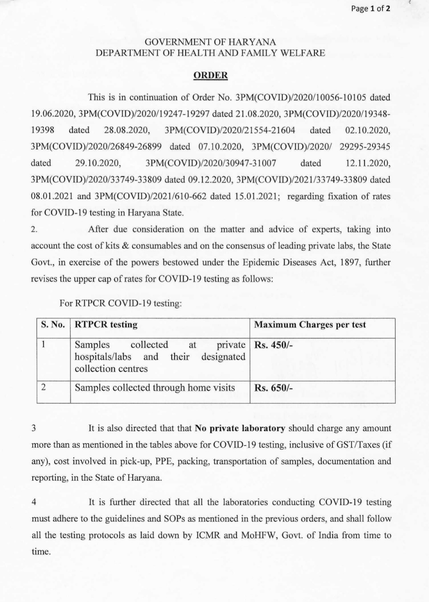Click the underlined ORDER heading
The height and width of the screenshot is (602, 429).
pos(211,75)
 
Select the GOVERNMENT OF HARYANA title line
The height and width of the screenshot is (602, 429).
pos(210,42)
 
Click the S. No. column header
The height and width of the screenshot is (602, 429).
pos(53,325)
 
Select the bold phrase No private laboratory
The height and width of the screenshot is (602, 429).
pos(240,428)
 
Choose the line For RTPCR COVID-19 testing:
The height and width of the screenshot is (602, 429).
pos(121,303)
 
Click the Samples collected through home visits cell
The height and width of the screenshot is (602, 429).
pos(155,388)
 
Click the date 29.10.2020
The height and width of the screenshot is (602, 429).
pos(98,163)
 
